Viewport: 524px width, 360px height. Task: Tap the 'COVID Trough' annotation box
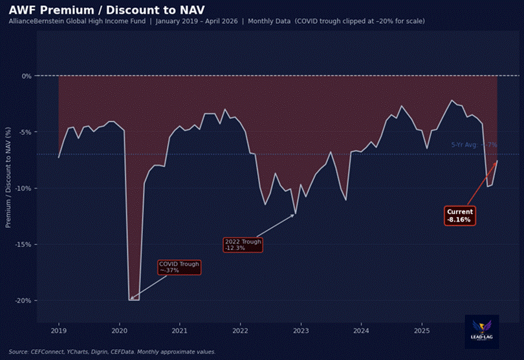179,267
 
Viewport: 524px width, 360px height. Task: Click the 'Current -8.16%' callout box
460,216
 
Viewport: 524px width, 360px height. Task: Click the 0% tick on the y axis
27,76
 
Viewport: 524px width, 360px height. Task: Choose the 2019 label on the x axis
59,331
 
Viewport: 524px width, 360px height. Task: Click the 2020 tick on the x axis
119,331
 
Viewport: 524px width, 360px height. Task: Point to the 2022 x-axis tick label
240,331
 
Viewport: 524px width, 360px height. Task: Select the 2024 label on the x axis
361,331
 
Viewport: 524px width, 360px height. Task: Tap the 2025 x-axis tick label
421,331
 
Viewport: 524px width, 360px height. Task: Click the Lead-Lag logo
482,331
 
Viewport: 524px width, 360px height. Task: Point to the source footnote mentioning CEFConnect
112,352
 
